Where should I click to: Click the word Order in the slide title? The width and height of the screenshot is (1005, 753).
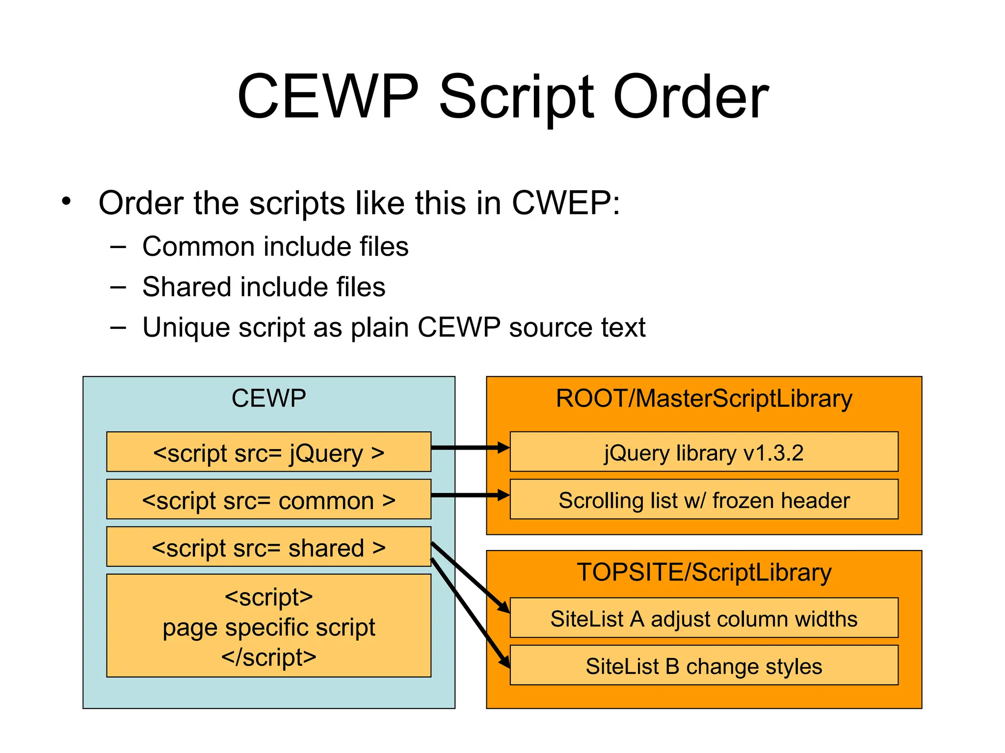pyautogui.click(x=691, y=97)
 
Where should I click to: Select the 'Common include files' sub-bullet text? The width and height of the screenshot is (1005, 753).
pyautogui.click(x=275, y=246)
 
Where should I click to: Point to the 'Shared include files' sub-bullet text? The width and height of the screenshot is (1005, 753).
pyautogui.click(x=264, y=287)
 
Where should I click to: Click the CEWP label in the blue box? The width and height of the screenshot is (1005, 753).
pyautogui.click(x=268, y=398)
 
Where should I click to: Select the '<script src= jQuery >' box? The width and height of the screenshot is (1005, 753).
pyautogui.click(x=268, y=452)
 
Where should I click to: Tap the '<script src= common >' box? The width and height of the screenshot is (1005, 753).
pyautogui.click(x=268, y=500)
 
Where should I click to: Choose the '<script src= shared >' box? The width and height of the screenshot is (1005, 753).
pyautogui.click(x=268, y=547)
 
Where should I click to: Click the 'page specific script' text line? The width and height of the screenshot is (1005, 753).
pyautogui.click(x=268, y=627)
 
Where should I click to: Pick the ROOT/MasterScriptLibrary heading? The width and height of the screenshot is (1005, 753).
pyautogui.click(x=704, y=398)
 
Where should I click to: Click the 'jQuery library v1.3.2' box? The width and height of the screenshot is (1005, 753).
pyautogui.click(x=704, y=452)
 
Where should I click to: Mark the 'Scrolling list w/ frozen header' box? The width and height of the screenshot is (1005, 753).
pyautogui.click(x=704, y=500)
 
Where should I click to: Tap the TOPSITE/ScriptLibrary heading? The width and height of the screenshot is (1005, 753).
pyautogui.click(x=704, y=572)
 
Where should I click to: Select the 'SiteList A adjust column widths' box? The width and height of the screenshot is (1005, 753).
pyautogui.click(x=704, y=618)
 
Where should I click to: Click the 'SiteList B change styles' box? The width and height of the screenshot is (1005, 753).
pyautogui.click(x=704, y=666)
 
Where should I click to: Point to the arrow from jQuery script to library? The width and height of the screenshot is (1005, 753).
pyautogui.click(x=469, y=448)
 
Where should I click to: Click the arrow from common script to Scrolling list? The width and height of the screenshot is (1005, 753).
pyautogui.click(x=469, y=495)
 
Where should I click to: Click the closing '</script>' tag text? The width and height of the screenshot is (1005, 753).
pyautogui.click(x=268, y=657)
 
